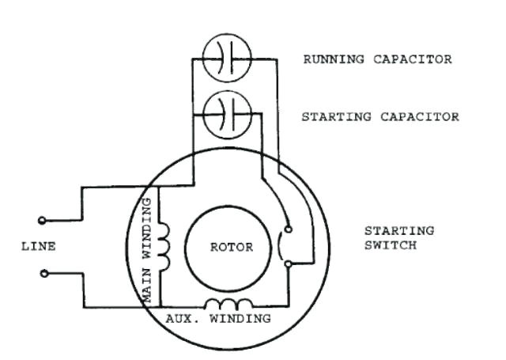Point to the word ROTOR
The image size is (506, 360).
tap(232, 247)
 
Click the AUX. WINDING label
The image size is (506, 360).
tap(217, 319)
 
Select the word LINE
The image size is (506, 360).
tap(38, 247)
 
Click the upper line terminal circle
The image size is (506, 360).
tap(43, 219)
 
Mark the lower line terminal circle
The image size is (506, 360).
tap(43, 274)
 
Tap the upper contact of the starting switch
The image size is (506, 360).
tap(289, 229)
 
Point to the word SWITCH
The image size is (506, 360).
tap(387, 246)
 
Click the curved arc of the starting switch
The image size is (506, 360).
tap(281, 246)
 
